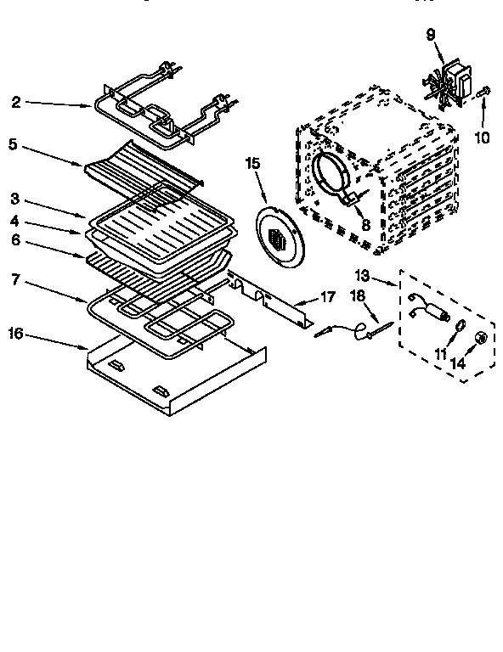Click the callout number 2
16,103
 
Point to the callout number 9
429,35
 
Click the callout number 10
482,137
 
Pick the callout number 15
251,164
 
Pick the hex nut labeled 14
480,338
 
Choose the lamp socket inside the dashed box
429,306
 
